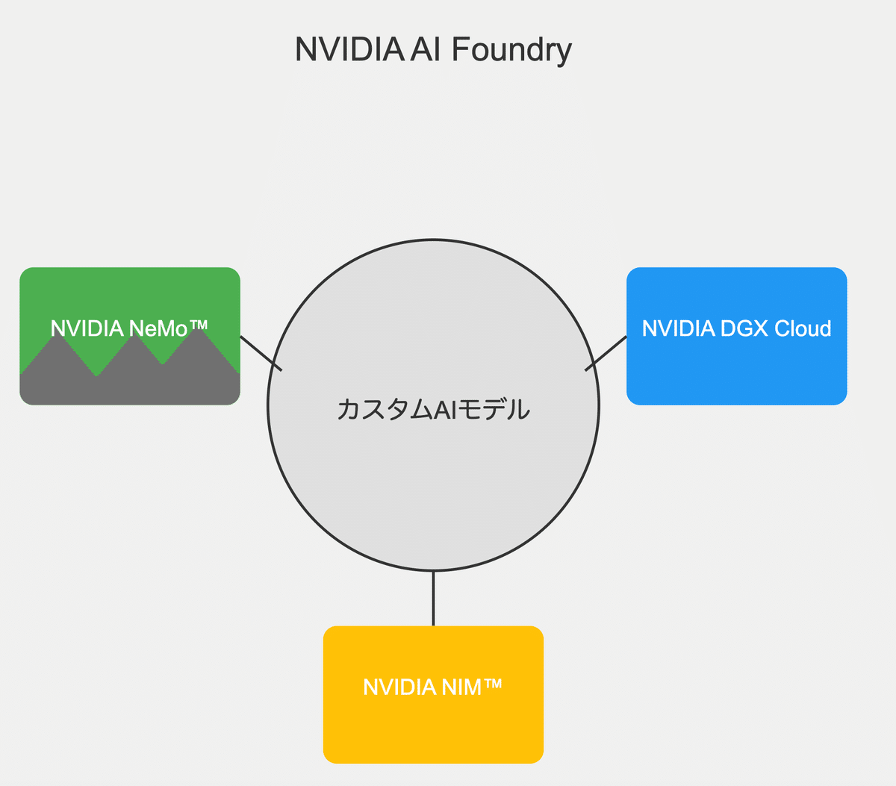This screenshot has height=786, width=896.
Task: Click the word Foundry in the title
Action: click(x=511, y=50)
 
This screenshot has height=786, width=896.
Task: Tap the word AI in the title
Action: click(x=426, y=50)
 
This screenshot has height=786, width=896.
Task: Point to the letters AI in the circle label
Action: click(x=444, y=410)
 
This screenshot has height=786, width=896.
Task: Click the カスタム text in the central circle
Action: click(x=384, y=410)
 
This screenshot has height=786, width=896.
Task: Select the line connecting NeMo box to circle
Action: click(x=261, y=353)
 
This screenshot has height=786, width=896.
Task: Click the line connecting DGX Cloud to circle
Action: click(x=606, y=354)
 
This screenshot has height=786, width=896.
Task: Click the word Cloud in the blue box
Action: click(x=803, y=328)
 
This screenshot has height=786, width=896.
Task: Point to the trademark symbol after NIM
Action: click(x=493, y=684)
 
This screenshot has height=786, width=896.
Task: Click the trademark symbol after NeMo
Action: click(x=198, y=325)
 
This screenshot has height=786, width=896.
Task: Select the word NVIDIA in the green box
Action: click(x=87, y=328)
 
